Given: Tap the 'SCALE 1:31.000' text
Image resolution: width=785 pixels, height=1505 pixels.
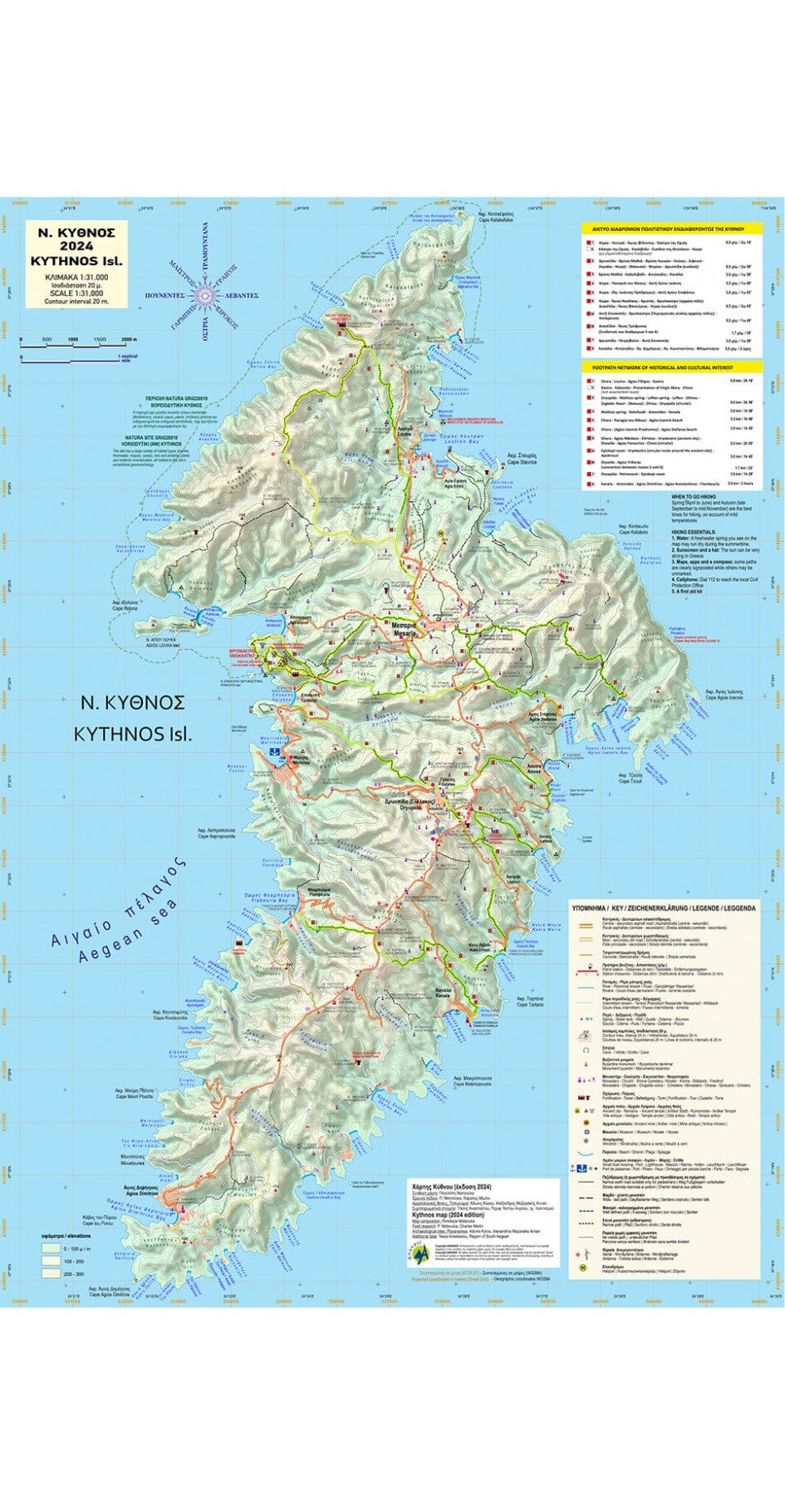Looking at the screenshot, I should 76,292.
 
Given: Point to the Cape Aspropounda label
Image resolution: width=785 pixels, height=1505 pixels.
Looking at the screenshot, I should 218,834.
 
